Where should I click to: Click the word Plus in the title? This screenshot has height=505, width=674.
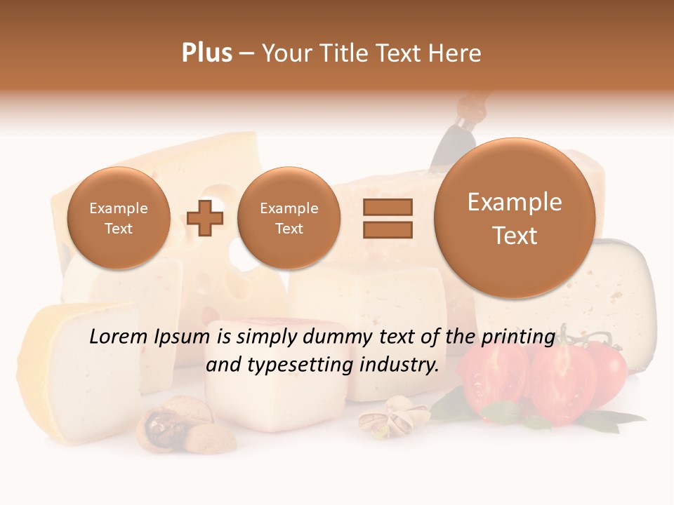(x=206, y=53)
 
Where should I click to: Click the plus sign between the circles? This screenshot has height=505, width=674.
(x=205, y=217)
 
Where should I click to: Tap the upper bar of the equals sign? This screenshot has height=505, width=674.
(x=388, y=207)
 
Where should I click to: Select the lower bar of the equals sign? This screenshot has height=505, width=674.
(x=388, y=229)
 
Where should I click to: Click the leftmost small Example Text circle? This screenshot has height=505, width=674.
(x=118, y=218)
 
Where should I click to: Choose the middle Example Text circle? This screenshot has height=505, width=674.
(x=289, y=218)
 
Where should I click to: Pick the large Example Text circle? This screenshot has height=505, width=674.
(x=515, y=218)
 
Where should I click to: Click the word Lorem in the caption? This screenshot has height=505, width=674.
(x=119, y=337)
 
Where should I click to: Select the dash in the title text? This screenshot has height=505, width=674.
(x=246, y=53)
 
